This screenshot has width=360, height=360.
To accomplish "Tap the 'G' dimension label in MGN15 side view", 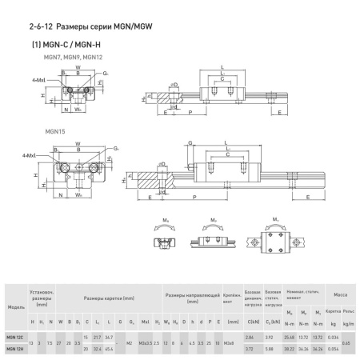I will [x=190, y=145].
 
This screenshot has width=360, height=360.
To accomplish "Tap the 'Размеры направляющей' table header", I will [x=188, y=297].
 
